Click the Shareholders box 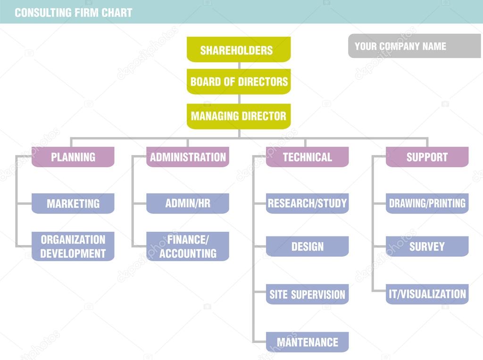point(239,49)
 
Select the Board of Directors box point(239,82)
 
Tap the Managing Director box point(239,116)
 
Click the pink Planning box point(73,157)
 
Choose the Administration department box point(188,157)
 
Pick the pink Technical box point(307,157)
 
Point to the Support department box point(427,157)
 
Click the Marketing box point(73,204)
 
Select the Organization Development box point(73,246)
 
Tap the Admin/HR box point(188,204)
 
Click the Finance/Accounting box point(188,246)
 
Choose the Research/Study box point(307,204)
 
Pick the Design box point(307,246)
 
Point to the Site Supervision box point(307,294)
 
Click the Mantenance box point(307,342)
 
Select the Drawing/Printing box point(427,204)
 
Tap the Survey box point(427,246)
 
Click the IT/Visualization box point(427,294)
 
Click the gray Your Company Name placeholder point(414,46)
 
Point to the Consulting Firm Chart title point(73,13)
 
